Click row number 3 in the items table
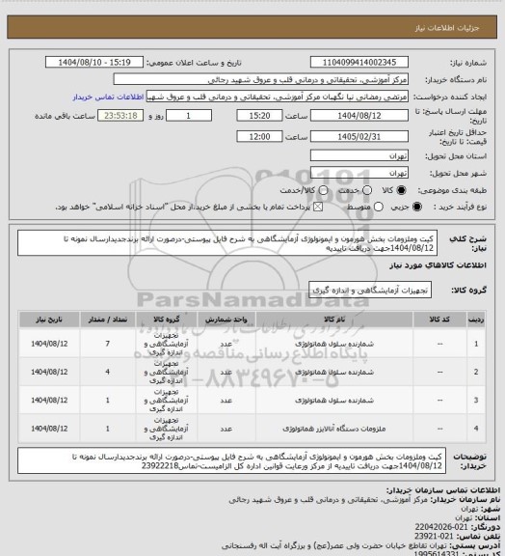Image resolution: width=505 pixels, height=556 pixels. click(x=475, y=398)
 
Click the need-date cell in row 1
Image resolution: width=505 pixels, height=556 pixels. click(x=44, y=344)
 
